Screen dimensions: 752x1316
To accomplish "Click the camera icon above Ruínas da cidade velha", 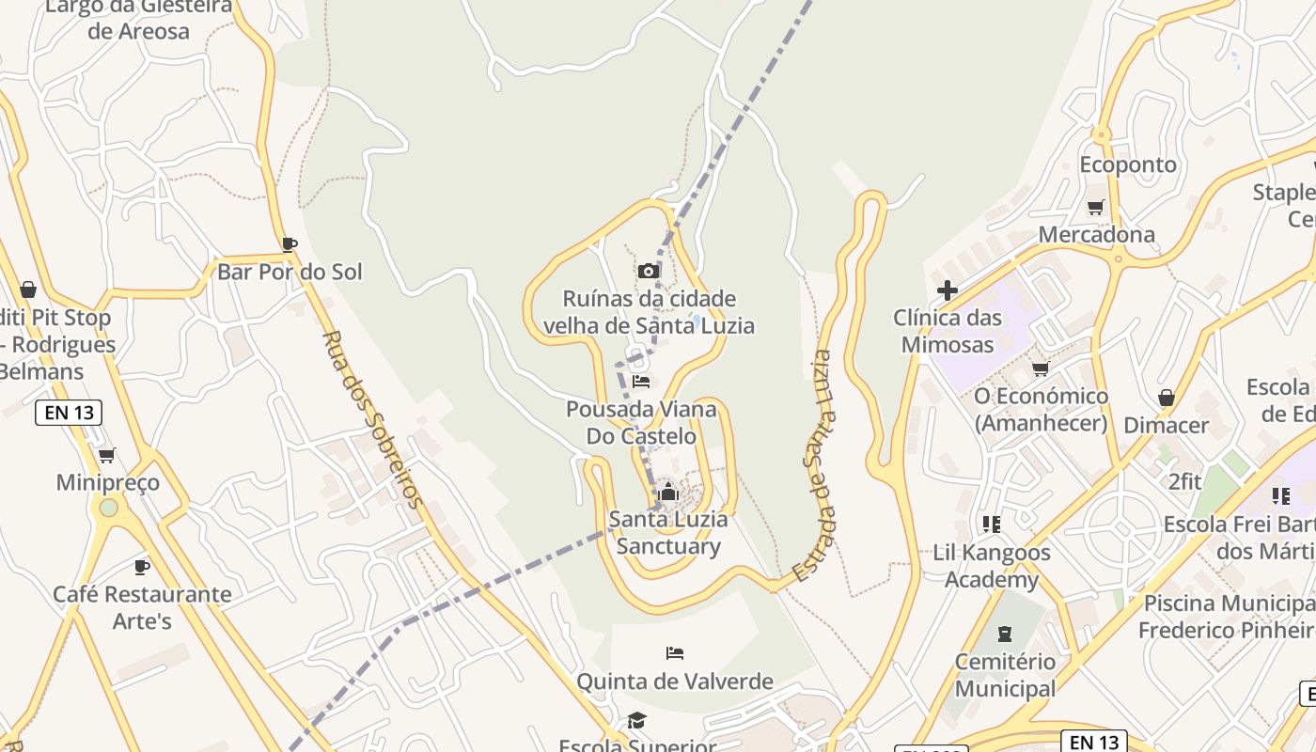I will [x=648, y=271].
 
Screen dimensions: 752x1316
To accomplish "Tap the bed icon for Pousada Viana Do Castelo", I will [x=641, y=381].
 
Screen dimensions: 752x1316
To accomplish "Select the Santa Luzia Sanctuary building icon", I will [x=668, y=492].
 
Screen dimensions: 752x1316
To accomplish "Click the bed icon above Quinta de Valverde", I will [x=674, y=652].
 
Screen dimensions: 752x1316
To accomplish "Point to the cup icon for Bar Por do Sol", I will [x=290, y=244].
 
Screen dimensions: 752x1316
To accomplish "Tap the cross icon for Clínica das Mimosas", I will [x=948, y=290].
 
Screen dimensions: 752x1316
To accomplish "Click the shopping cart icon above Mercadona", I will [x=1095, y=207].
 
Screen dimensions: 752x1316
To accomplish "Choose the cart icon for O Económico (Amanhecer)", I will [x=1041, y=368].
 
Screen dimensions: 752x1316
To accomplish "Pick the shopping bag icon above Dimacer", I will [x=1167, y=398].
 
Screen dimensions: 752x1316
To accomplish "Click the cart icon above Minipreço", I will [x=107, y=455].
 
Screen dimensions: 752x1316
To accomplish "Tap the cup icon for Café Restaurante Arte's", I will [x=142, y=567].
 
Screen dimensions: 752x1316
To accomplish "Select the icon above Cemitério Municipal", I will [x=1005, y=634].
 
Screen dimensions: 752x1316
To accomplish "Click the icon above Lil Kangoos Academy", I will [x=991, y=524].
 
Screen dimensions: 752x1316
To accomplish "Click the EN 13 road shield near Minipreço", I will [x=69, y=412].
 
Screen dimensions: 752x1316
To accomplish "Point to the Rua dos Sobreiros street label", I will [x=373, y=418].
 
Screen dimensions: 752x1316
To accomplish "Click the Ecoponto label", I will [x=1127, y=164].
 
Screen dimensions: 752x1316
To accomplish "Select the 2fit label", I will [x=1184, y=481].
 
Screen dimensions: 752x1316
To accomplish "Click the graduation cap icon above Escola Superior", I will [x=636, y=720].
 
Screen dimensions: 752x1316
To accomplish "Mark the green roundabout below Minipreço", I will [x=109, y=508].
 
